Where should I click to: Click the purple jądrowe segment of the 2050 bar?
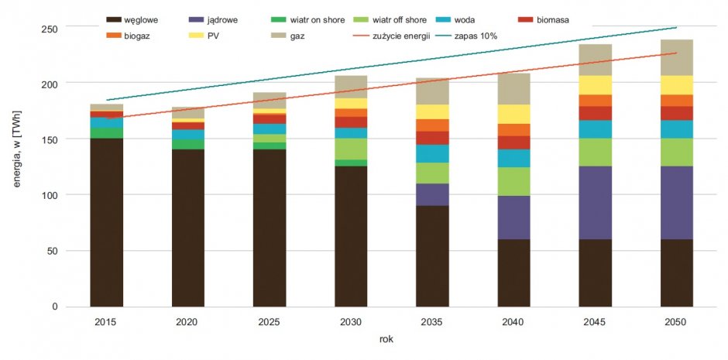(x=676, y=203)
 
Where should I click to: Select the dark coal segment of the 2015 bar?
(x=107, y=223)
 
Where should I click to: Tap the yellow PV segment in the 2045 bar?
(x=596, y=85)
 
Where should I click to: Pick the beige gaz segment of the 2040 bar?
(x=514, y=88)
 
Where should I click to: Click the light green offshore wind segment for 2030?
(x=351, y=149)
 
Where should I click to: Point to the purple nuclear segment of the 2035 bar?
(x=433, y=194)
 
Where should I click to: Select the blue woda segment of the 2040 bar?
(x=514, y=158)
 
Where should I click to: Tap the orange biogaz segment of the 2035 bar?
(x=433, y=125)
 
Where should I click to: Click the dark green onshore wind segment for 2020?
(x=188, y=144)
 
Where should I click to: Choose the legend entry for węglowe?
(x=132, y=20)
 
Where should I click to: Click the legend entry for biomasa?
(x=543, y=20)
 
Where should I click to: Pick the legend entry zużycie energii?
(x=397, y=36)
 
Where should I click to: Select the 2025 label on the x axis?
(x=270, y=321)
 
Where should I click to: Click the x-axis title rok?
(x=386, y=339)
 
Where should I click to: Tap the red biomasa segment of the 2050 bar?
(x=676, y=113)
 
